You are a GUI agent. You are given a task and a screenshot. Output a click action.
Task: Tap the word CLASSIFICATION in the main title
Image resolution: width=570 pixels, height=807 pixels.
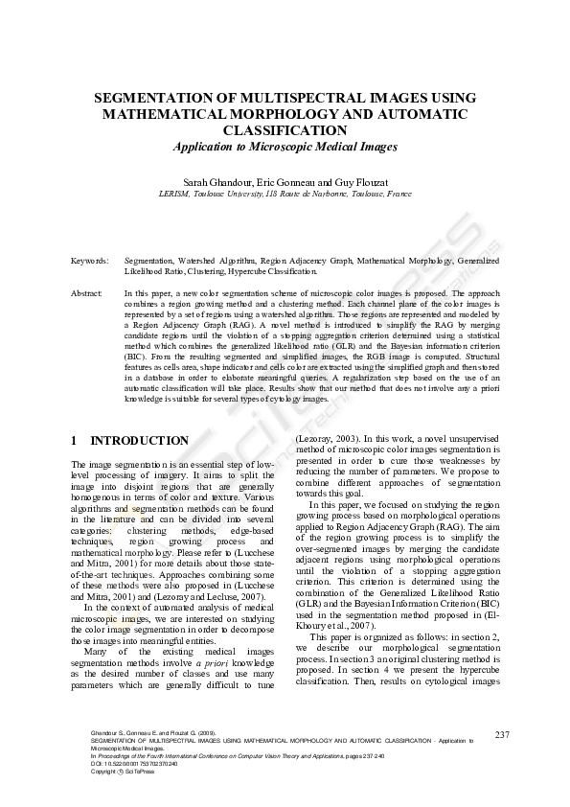point(284,129)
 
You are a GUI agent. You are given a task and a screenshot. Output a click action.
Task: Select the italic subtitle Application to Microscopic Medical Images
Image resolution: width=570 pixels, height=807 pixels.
point(284,147)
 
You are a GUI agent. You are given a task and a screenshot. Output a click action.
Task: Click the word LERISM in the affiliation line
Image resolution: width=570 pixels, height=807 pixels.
point(174,193)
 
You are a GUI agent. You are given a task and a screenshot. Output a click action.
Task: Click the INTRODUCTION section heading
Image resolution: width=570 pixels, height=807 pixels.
point(139,441)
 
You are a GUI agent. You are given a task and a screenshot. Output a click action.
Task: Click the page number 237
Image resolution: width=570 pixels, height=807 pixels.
point(502,734)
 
